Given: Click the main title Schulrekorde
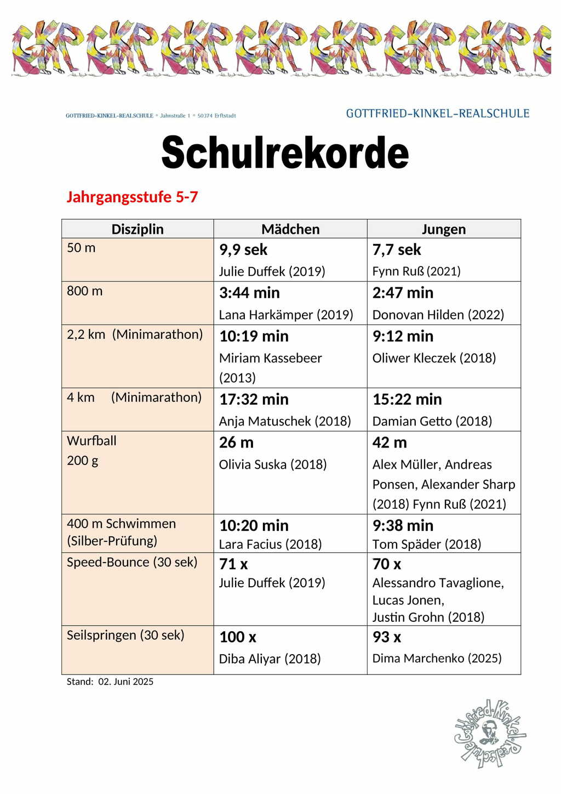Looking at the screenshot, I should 285,152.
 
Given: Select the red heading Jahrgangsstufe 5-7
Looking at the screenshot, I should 132,197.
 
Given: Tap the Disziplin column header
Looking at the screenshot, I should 138,229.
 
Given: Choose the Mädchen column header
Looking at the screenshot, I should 290,229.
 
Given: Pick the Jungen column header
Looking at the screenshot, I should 444,229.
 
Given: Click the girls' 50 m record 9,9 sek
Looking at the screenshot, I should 243,250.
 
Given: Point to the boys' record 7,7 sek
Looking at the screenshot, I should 397,250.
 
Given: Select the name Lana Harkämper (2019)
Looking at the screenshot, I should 286,315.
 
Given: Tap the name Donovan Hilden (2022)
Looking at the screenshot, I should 438,315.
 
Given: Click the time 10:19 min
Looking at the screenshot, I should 254,336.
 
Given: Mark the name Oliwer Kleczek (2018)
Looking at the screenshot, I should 434,358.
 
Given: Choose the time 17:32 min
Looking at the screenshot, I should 254,399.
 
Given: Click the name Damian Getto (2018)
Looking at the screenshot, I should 432,421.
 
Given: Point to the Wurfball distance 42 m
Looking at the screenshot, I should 390,443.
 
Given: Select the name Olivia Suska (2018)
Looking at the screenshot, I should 273,464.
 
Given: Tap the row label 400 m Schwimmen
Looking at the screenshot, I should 121,524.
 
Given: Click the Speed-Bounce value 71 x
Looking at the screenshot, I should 233,564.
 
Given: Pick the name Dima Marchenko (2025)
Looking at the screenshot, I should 437,658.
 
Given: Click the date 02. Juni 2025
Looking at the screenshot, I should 126,682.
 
